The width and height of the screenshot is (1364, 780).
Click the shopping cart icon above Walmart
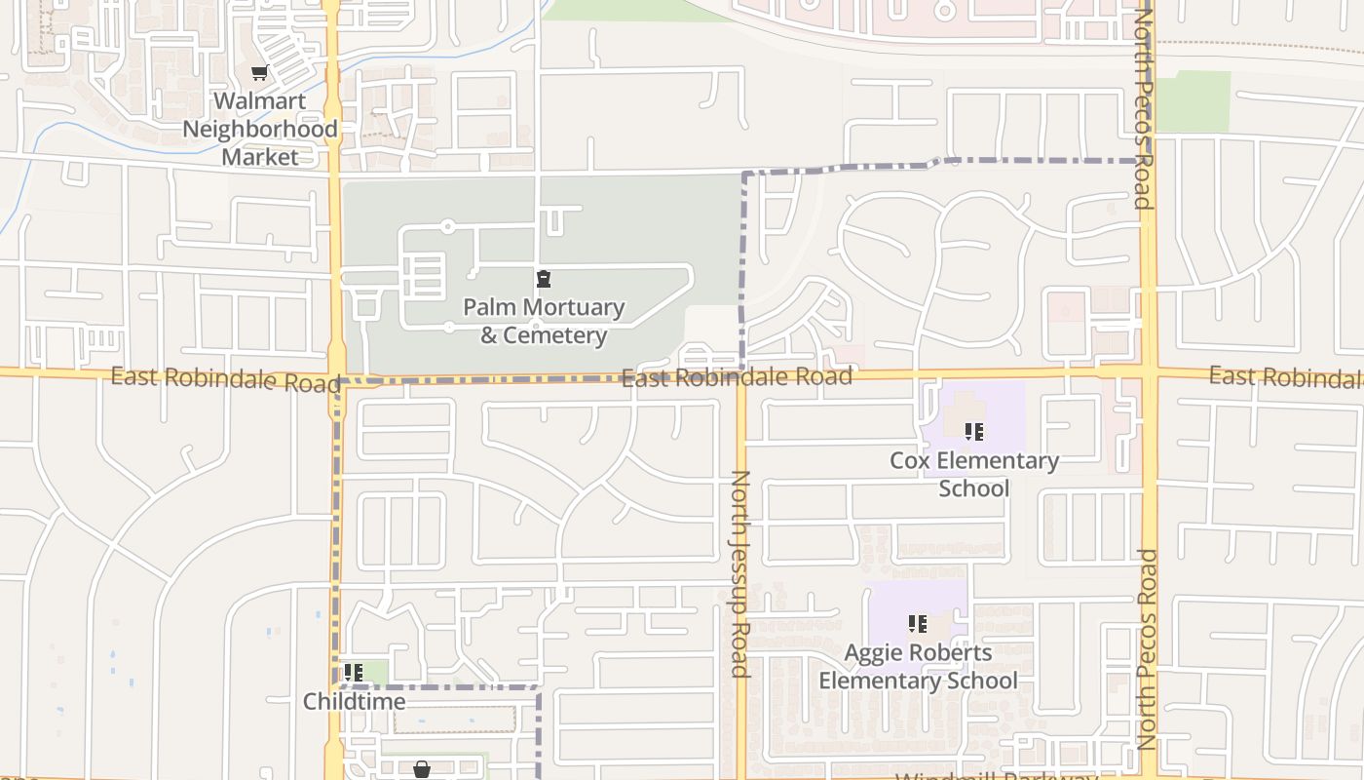pyautogui.click(x=260, y=73)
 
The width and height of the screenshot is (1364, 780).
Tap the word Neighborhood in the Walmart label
pyautogui.click(x=260, y=129)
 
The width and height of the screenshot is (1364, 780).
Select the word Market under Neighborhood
pyautogui.click(x=260, y=156)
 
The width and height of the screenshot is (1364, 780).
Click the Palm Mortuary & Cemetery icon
pyautogui.click(x=544, y=280)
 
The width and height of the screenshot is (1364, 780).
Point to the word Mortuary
pyautogui.click(x=571, y=307)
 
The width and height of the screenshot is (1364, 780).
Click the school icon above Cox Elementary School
pyautogui.click(x=973, y=431)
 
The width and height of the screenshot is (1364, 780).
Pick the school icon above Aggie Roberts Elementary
pyautogui.click(x=917, y=623)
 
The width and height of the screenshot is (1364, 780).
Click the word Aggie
pyautogui.click(x=874, y=652)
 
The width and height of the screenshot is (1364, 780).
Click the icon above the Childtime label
pyautogui.click(x=354, y=672)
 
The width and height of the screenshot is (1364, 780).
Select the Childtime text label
pyautogui.click(x=354, y=701)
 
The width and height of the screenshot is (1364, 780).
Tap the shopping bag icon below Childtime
pyautogui.click(x=422, y=769)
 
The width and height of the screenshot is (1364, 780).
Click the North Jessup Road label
pyautogui.click(x=739, y=573)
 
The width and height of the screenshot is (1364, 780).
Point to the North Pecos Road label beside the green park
pyautogui.click(x=1144, y=109)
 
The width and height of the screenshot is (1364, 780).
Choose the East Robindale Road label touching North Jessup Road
pyautogui.click(x=737, y=377)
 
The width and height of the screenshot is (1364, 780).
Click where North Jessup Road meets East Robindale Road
pyautogui.click(x=740, y=376)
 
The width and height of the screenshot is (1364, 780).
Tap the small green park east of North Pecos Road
pyautogui.click(x=1192, y=101)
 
